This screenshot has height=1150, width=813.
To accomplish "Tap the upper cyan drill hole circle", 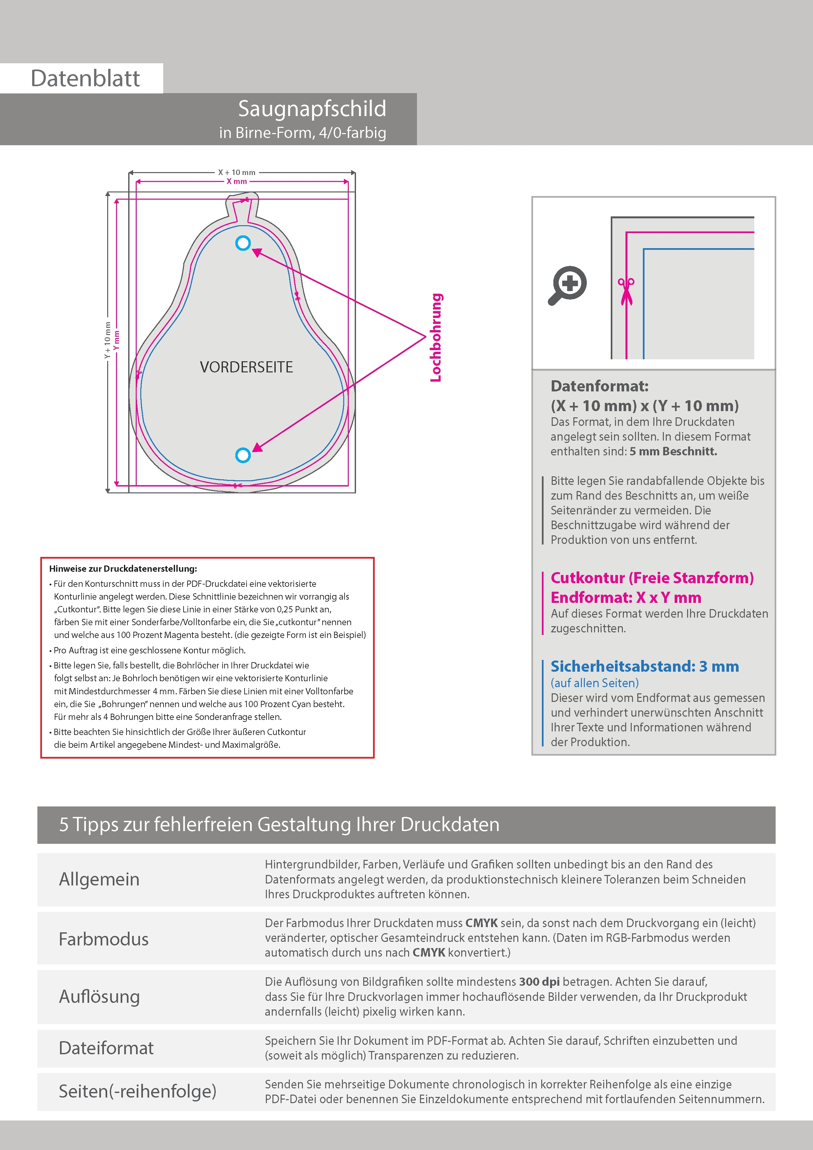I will [243, 244].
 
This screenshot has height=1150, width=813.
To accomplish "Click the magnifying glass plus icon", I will [567, 285].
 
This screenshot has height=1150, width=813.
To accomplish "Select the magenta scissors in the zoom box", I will [626, 291].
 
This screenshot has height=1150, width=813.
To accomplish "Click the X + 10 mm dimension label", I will [236, 172].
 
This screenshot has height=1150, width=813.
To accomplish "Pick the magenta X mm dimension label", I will [236, 181].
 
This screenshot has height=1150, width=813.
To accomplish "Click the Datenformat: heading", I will [599, 386].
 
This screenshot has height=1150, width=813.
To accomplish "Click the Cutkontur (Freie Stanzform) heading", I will [652, 578].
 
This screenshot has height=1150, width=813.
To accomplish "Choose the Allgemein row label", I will [99, 879].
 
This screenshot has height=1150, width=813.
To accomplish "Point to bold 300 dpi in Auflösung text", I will [539, 982].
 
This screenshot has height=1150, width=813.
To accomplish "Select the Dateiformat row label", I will [106, 1048].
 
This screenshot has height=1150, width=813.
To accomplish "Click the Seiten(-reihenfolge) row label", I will [137, 1091].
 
